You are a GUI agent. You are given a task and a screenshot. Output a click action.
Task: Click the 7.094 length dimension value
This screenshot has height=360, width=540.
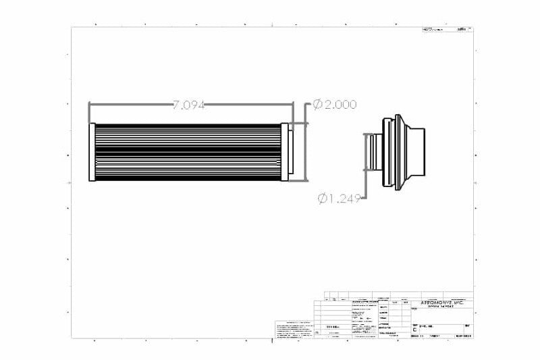(189, 105)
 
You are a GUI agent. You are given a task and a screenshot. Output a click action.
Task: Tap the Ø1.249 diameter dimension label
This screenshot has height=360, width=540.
(340, 198)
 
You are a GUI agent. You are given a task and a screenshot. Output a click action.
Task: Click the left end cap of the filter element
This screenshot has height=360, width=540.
(92, 152)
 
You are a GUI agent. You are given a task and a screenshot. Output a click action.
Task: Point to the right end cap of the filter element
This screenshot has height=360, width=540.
(285, 152)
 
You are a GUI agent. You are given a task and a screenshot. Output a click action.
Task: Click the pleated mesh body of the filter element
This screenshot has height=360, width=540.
(188, 152)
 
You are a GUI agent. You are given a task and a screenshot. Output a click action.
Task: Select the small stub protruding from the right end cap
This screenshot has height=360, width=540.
(291, 152)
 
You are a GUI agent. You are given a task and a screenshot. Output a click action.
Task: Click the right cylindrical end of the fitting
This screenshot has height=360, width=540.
(418, 152)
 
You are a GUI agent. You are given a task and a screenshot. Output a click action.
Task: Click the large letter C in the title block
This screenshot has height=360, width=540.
(414, 330)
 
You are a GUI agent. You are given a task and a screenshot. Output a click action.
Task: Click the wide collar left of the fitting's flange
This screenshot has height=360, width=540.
(387, 152)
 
